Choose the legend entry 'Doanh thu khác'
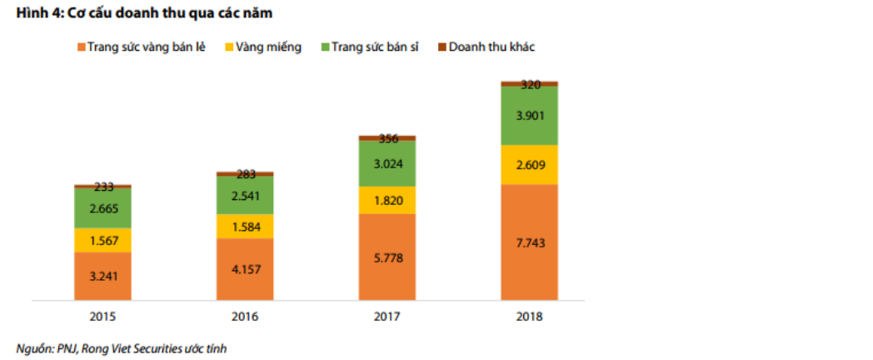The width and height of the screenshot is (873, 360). pyautogui.click(x=491, y=47)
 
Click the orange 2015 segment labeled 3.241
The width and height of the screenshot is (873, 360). pyautogui.click(x=102, y=276)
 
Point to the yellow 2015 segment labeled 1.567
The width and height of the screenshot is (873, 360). pyautogui.click(x=102, y=240)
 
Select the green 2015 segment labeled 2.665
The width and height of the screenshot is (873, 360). pyautogui.click(x=102, y=208)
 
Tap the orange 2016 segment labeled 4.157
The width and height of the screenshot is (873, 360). pyautogui.click(x=245, y=269)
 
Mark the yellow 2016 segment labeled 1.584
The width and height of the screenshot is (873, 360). pyautogui.click(x=245, y=226)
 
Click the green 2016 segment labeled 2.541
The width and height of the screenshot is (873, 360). pyautogui.click(x=245, y=195)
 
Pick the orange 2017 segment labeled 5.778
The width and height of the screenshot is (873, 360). pyautogui.click(x=387, y=257)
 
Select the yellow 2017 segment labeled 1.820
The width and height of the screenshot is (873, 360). pyautogui.click(x=387, y=200)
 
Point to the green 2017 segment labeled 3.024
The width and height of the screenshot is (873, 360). pyautogui.click(x=387, y=163)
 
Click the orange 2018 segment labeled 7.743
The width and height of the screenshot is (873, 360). pyautogui.click(x=529, y=242)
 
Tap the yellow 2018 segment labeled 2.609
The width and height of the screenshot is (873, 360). pyautogui.click(x=529, y=165)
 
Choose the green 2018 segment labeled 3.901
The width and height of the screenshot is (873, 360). pyautogui.click(x=529, y=116)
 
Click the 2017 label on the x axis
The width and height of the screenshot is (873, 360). pyautogui.click(x=387, y=317)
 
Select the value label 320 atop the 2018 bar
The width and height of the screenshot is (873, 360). pyautogui.click(x=530, y=84)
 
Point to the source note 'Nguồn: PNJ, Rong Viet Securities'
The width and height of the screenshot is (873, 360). pyautogui.click(x=121, y=348)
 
